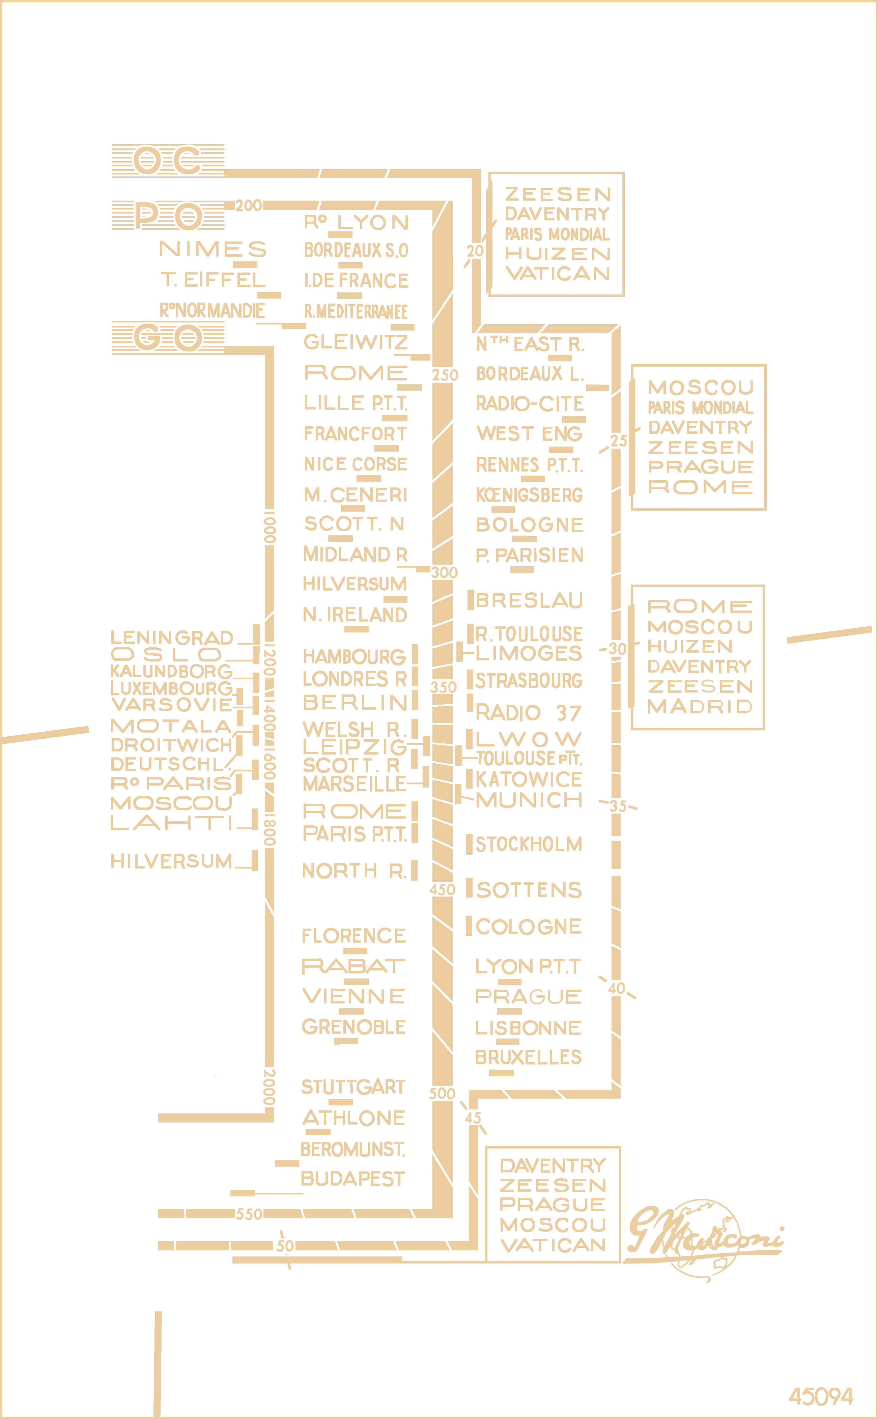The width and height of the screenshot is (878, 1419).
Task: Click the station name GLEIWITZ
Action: (x=356, y=342)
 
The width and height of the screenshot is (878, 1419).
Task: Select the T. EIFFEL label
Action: (x=213, y=280)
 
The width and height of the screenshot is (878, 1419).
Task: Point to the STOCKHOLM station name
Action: (x=529, y=844)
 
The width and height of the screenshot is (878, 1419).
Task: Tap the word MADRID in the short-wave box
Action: (x=700, y=707)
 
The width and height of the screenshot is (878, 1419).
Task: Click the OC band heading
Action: (x=168, y=161)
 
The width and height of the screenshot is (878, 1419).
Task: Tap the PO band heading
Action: (x=168, y=216)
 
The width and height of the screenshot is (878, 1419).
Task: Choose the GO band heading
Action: (x=168, y=337)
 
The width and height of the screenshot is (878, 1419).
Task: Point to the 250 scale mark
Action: (x=445, y=375)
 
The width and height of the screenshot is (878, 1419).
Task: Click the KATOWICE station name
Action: (x=529, y=779)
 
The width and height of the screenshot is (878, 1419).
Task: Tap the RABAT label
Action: (x=353, y=966)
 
